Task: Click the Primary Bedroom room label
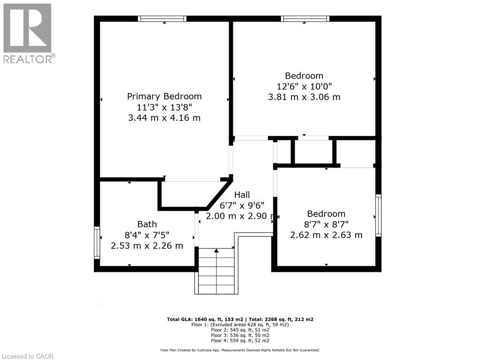165,96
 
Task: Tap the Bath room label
147,224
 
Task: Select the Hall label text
242,195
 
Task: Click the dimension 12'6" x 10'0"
304,86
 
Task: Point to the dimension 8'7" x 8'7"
326,225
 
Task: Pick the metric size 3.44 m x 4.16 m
164,118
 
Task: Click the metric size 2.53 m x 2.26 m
147,246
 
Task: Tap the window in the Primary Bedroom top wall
162,19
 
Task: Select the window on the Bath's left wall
97,242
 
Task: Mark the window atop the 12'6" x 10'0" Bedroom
305,19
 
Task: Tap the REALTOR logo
28,33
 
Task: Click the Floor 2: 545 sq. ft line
240,330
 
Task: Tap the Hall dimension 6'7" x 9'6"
242,205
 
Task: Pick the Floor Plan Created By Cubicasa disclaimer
240,350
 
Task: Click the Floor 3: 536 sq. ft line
240,336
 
